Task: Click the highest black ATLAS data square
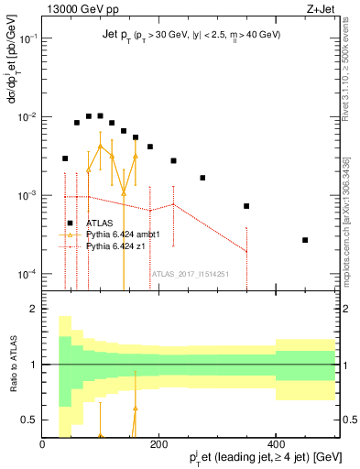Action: [x=100, y=115]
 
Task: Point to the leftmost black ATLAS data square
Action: [x=65, y=158]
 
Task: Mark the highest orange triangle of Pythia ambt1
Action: [x=100, y=146]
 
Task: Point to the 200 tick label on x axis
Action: [x=159, y=445]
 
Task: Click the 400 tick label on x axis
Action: [x=276, y=445]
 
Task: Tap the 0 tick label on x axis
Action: [x=43, y=445]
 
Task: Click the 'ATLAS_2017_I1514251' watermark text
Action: [x=190, y=273]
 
